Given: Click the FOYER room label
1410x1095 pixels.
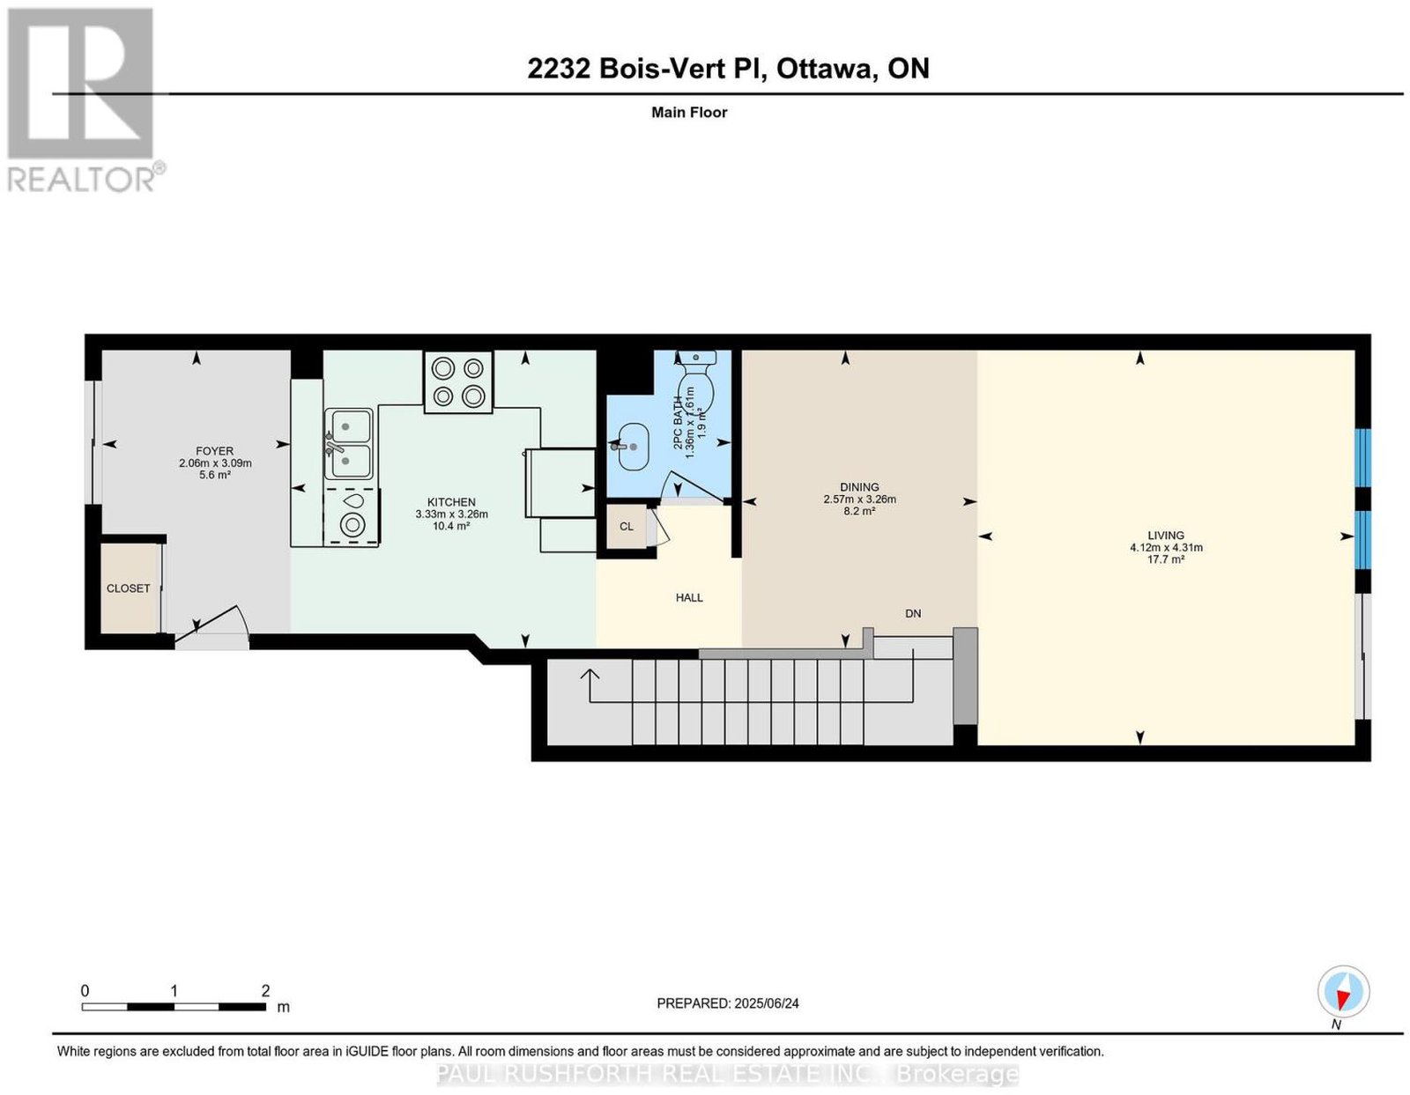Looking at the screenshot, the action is click(215, 450).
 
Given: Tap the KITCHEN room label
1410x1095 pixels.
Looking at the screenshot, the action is click(451, 502).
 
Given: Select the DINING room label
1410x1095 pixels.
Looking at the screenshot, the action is click(859, 487).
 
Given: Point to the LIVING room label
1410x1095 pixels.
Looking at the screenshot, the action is click(1165, 536).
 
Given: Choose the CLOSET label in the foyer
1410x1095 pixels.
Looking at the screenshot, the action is click(128, 588).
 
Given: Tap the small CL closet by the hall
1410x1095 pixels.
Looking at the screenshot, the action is click(627, 527).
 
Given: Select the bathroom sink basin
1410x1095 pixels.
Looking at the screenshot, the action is click(631, 447).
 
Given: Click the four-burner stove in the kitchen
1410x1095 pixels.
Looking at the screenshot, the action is click(458, 381).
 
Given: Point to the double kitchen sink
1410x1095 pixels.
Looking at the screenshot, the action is click(348, 444).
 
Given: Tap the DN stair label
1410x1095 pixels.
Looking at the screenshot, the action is click(913, 613).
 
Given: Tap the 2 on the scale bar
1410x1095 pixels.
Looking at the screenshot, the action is click(265, 991).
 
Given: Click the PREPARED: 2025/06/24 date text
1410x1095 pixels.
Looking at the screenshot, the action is click(728, 1003).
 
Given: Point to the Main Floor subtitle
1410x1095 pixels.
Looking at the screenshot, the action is click(689, 112).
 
